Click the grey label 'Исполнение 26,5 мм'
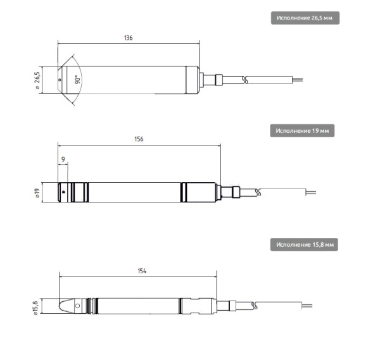[x=305, y=18]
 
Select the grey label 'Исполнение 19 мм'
[x=302, y=131]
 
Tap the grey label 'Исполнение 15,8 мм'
[x=304, y=244]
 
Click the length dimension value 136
[x=128, y=38]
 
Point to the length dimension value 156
[x=139, y=139]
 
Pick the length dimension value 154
[x=142, y=271]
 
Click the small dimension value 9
[x=63, y=159]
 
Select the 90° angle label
[x=77, y=80]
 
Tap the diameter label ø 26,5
[x=37, y=80]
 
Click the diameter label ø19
[x=37, y=193]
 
